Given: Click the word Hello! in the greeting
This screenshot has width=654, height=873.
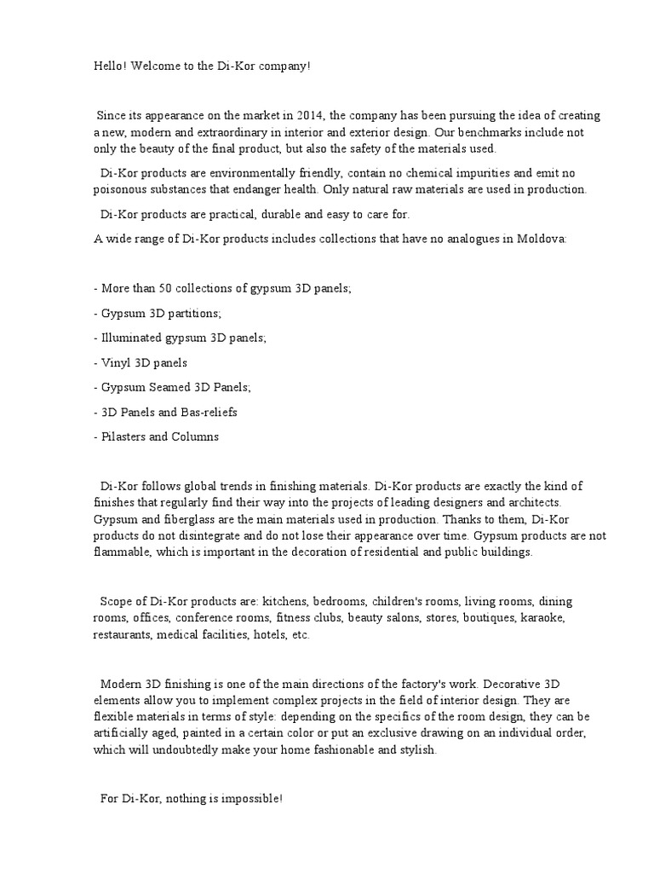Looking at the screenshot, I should coord(110,66).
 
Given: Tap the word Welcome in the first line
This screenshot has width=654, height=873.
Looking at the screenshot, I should coord(155,66).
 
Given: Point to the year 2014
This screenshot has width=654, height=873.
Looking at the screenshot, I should coord(310,116).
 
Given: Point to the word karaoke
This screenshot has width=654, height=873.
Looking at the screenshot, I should coord(542,617).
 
